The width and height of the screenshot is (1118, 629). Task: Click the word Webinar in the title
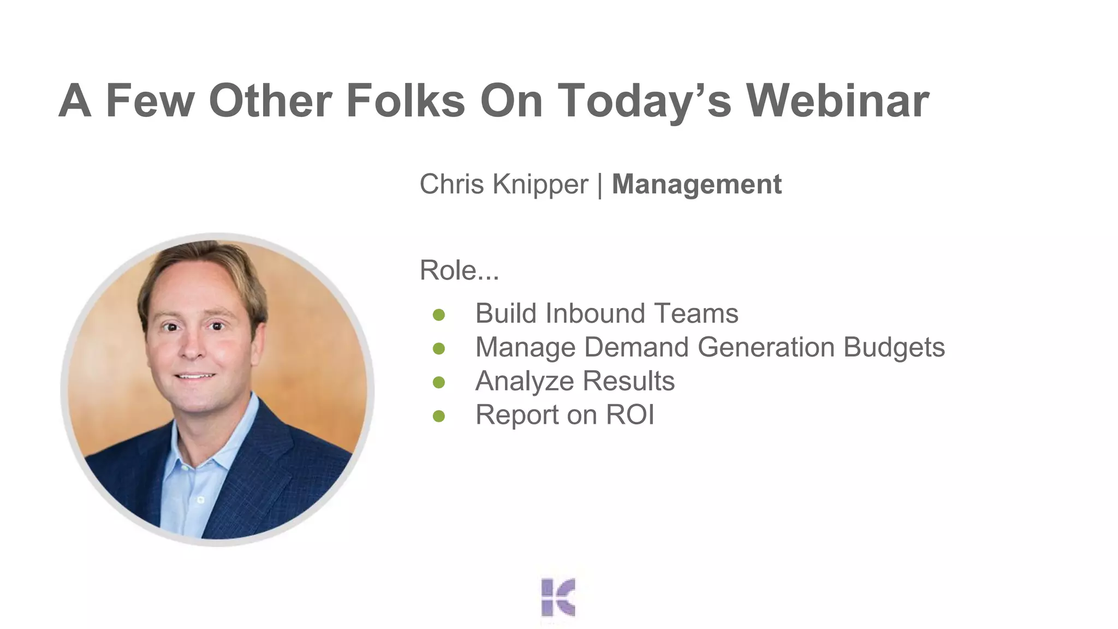(837, 101)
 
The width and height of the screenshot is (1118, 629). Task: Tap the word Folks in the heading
(405, 101)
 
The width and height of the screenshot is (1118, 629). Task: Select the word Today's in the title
(644, 101)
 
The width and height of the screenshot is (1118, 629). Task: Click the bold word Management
(697, 184)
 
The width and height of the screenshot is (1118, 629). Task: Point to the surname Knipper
(540, 184)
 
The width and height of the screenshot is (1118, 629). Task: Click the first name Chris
(451, 184)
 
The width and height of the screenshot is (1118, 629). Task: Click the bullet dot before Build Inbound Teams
(439, 315)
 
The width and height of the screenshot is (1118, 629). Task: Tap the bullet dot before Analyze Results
(439, 382)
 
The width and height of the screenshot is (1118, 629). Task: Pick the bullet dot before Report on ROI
(439, 416)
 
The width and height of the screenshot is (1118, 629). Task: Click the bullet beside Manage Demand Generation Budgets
(439, 348)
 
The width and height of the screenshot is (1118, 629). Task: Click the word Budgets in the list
(894, 347)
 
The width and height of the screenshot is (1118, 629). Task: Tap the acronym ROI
(630, 414)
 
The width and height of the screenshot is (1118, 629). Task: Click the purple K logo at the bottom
(558, 597)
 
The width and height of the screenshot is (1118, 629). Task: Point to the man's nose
(192, 349)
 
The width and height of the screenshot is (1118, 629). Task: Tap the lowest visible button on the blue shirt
(200, 500)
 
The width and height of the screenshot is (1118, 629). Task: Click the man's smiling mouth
(195, 376)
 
